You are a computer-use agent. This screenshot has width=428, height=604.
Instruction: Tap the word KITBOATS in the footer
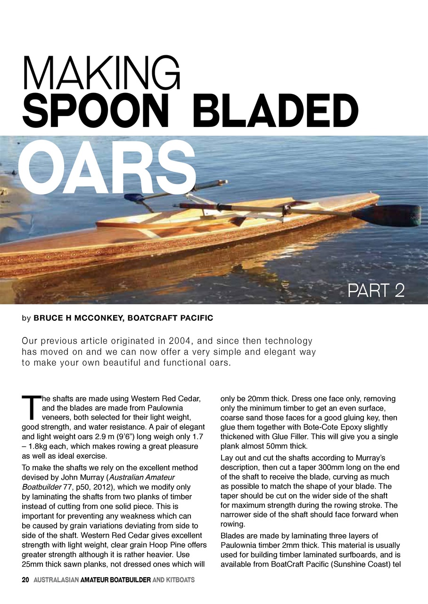(180, 579)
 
